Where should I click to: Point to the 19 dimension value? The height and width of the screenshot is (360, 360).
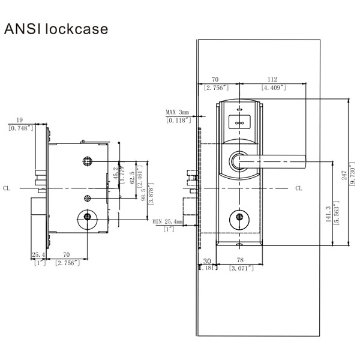tap(20, 120)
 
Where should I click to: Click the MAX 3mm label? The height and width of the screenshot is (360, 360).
tap(178, 112)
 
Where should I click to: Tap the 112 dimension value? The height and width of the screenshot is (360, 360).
tap(272, 79)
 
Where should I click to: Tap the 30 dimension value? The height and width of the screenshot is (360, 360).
tap(207, 261)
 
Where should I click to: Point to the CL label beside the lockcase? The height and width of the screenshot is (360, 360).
tap(6, 188)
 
